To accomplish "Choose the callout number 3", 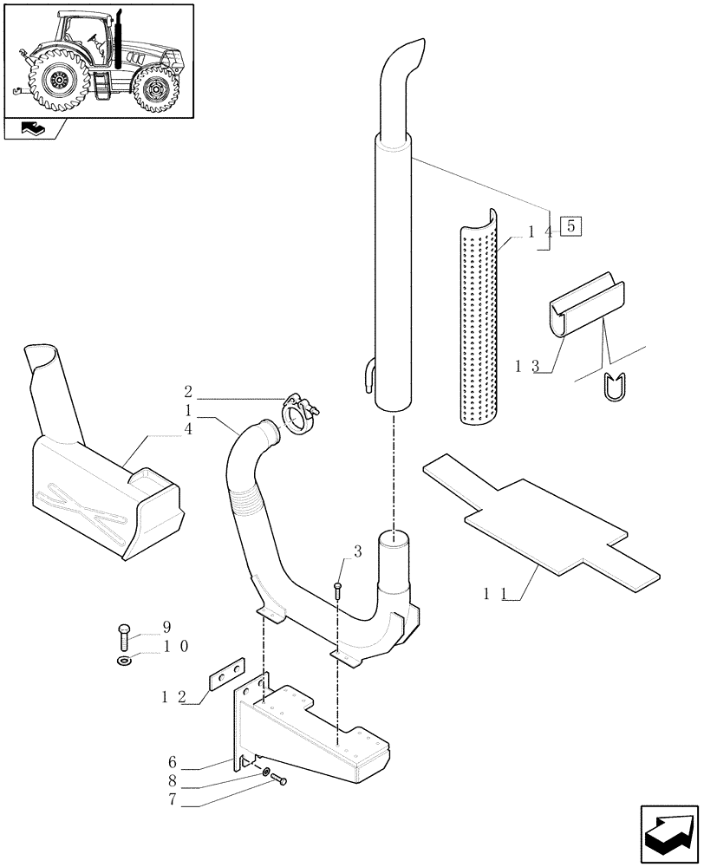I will (356, 551).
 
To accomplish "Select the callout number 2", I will (188, 391).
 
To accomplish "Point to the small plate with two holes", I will (226, 673).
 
